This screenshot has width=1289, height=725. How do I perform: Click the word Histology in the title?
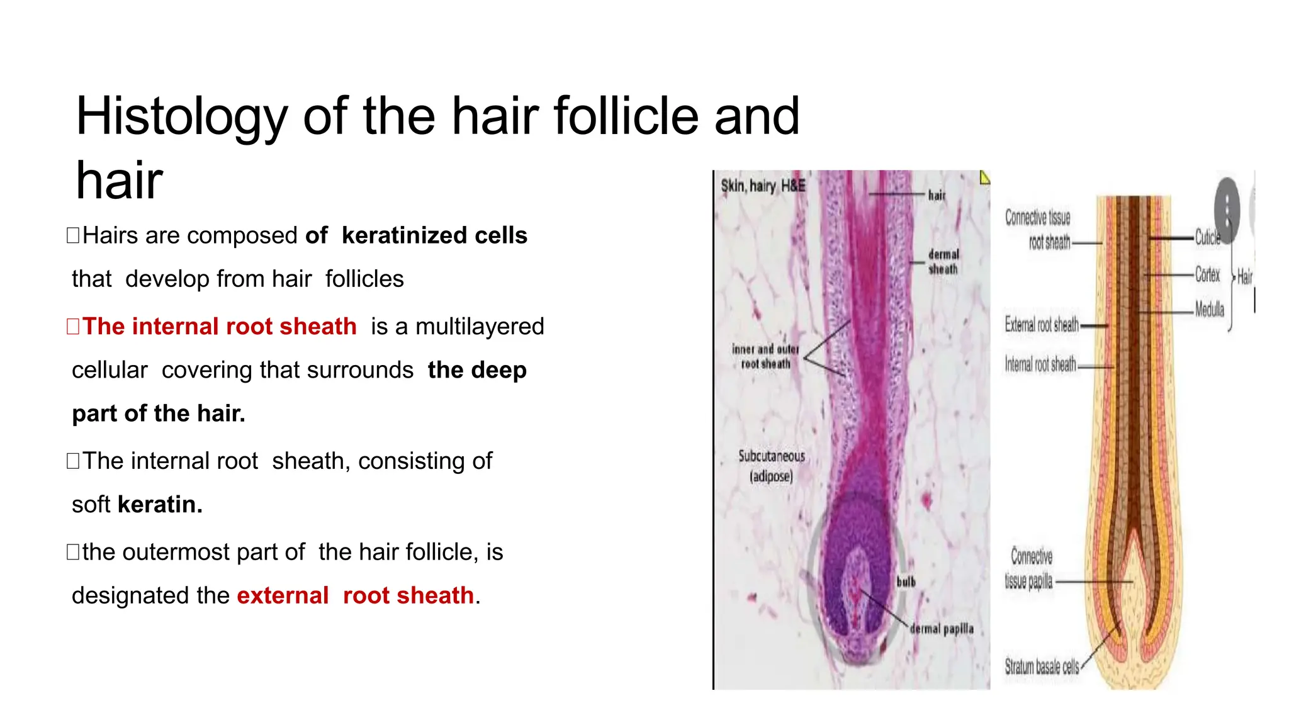click(x=181, y=117)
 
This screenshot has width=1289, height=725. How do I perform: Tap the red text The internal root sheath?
click(x=219, y=327)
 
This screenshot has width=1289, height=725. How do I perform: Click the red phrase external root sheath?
click(x=355, y=595)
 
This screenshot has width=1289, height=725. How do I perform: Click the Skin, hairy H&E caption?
click(x=763, y=186)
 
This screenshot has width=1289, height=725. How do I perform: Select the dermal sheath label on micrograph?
click(x=943, y=262)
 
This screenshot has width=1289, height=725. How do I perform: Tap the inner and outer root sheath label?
click(x=765, y=356)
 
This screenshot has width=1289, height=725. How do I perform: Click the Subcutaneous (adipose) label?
click(x=772, y=466)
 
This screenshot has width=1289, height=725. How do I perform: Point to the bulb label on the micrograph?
click(x=906, y=582)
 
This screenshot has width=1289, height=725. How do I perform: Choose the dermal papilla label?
click(x=942, y=629)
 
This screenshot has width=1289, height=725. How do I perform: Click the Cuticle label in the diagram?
click(x=1207, y=237)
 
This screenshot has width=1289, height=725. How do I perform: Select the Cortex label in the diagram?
click(x=1207, y=274)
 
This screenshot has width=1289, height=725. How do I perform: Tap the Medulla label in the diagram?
click(x=1210, y=310)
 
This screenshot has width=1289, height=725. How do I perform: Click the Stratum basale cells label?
click(x=1042, y=666)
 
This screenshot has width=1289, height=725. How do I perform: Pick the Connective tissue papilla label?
click(x=1030, y=568)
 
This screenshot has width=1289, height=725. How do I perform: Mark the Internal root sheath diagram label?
click(x=1040, y=364)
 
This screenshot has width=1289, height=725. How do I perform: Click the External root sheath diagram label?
click(x=1042, y=325)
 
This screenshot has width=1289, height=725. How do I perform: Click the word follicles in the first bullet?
click(x=364, y=279)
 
